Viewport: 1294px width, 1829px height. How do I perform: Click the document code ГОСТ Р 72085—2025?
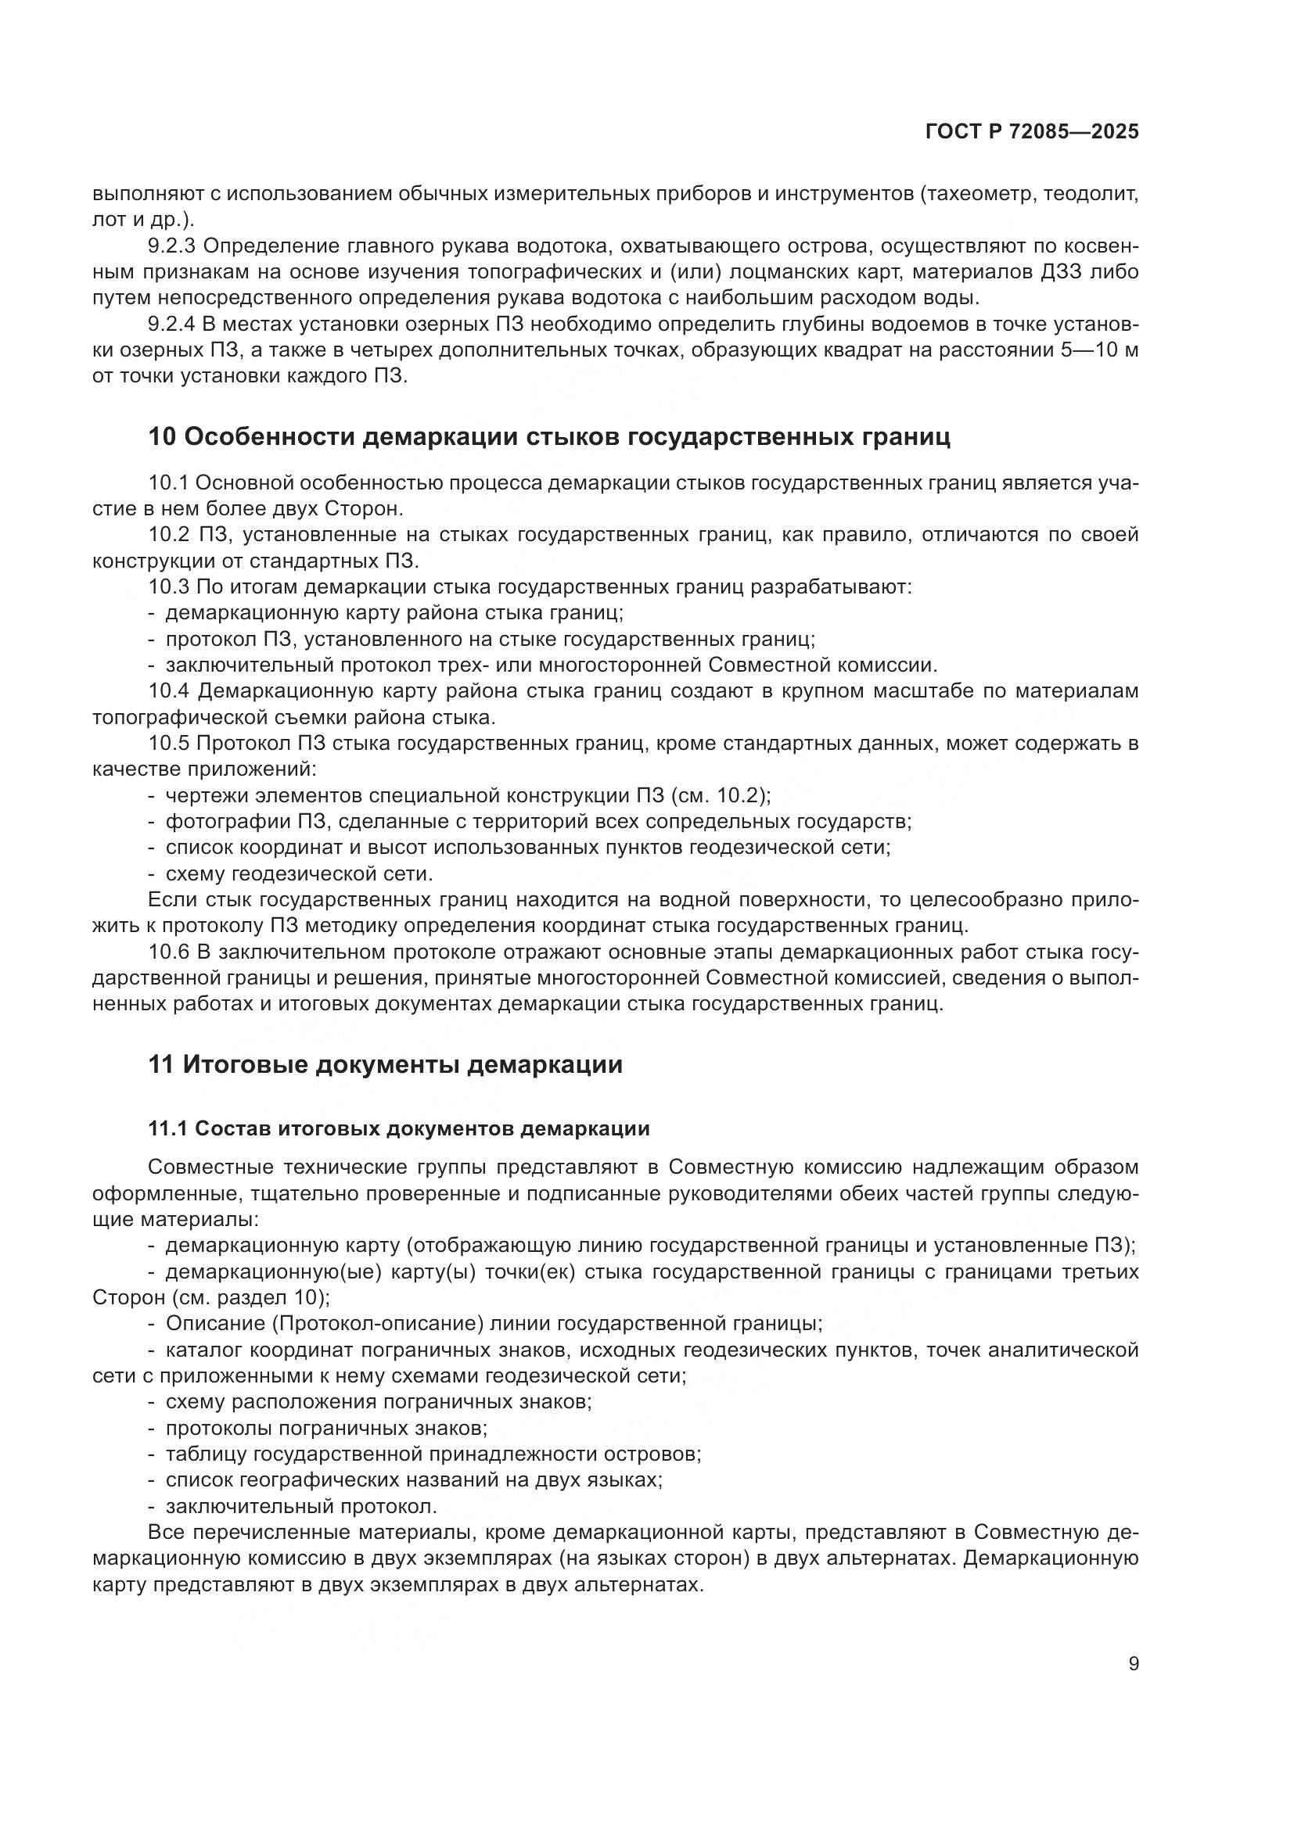tap(1032, 132)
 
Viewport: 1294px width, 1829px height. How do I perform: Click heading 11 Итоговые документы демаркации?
tap(385, 1064)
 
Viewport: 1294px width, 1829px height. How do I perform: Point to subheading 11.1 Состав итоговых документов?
tap(398, 1128)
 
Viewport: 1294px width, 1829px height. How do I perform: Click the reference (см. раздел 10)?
tap(250, 1296)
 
